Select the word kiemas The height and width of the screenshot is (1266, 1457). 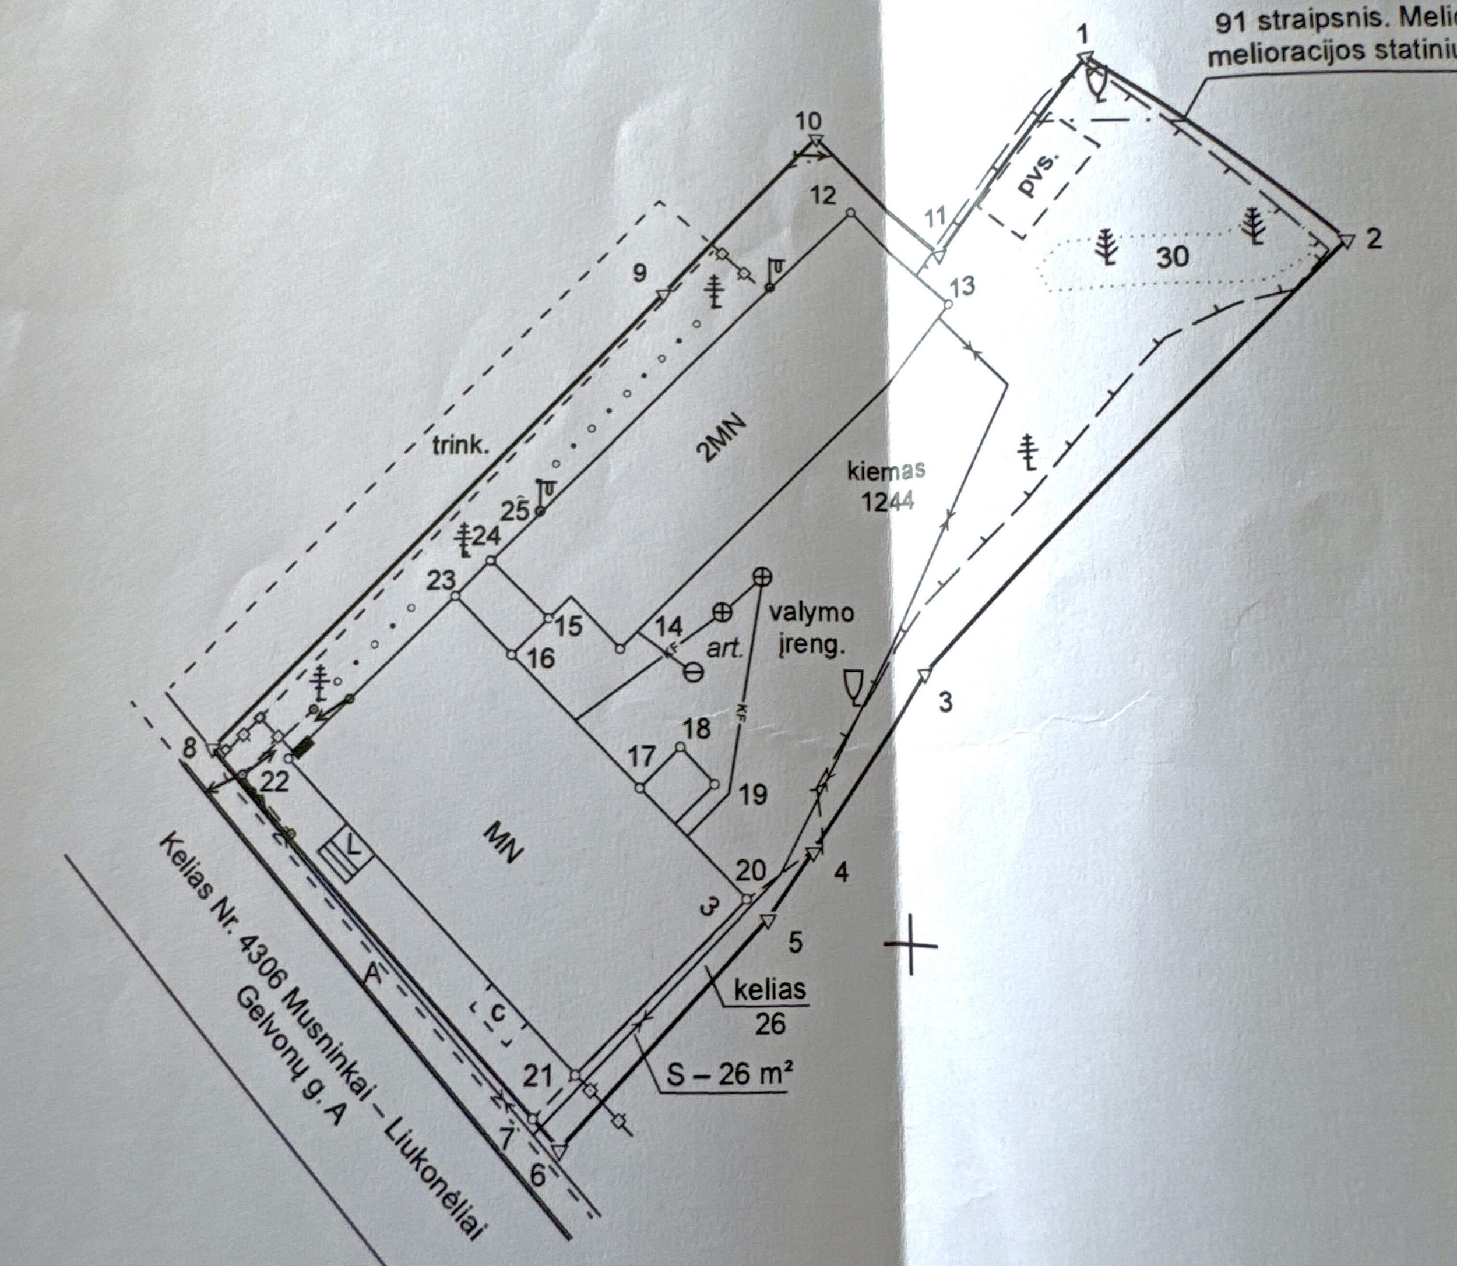pyautogui.click(x=888, y=471)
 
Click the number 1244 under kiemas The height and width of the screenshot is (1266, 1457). pyautogui.click(x=888, y=501)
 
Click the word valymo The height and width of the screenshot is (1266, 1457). pyautogui.click(x=812, y=612)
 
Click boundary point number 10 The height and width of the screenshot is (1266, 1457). pyautogui.click(x=808, y=122)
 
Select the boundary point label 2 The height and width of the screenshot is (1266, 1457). pyautogui.click(x=1373, y=239)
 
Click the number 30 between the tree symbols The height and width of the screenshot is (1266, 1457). pyautogui.click(x=1173, y=256)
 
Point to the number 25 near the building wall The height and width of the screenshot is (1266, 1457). pyautogui.click(x=515, y=510)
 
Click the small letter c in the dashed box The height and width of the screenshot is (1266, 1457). pyautogui.click(x=498, y=1013)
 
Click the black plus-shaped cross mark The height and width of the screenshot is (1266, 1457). pyautogui.click(x=911, y=945)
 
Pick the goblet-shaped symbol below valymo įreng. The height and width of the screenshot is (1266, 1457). pyautogui.click(x=854, y=685)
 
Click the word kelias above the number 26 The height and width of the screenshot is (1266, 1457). pyautogui.click(x=770, y=990)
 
